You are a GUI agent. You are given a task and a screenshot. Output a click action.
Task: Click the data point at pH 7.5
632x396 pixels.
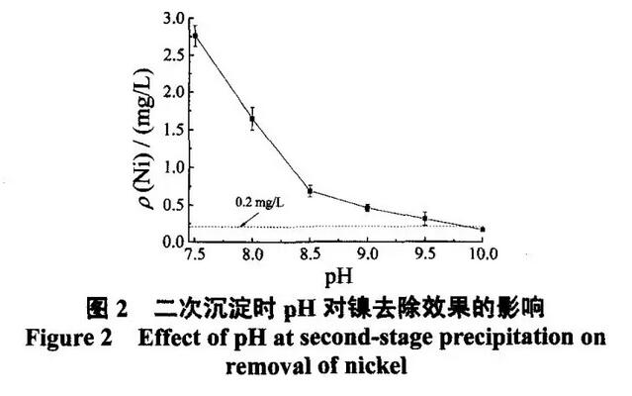coord(195,37)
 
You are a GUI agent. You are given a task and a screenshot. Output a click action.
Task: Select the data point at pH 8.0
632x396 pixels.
coord(252,120)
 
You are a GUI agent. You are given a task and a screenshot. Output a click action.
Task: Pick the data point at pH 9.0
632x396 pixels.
coord(367,208)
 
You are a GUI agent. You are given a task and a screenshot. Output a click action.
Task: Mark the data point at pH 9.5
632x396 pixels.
coord(424,218)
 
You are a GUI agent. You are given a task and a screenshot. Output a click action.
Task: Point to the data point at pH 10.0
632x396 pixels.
coord(483,229)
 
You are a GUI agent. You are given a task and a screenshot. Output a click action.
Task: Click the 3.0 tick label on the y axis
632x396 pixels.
coord(173,19)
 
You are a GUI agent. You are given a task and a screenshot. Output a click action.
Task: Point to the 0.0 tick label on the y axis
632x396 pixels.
coord(173,242)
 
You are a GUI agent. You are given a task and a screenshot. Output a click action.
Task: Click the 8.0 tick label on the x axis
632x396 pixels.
coord(252,254)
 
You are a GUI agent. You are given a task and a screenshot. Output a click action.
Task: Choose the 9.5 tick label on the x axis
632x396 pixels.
coord(424,254)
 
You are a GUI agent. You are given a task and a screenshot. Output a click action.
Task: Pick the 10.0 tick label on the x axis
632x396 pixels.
coord(482,254)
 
